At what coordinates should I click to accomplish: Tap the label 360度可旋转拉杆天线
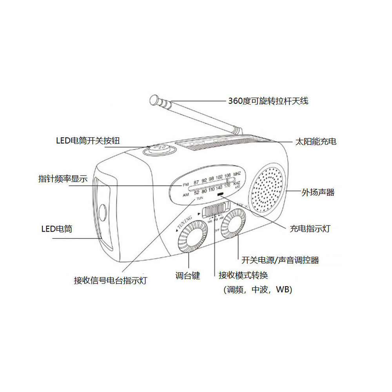(x=268, y=101)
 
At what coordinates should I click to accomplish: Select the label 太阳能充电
(x=316, y=142)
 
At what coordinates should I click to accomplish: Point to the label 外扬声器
(x=318, y=192)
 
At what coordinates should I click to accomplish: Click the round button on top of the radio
(x=158, y=149)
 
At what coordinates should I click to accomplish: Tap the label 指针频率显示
(x=63, y=179)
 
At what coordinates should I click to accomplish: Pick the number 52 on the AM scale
(x=196, y=192)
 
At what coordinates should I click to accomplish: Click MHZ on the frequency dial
(x=237, y=174)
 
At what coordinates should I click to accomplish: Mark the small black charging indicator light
(x=220, y=194)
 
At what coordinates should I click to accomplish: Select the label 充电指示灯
(x=310, y=229)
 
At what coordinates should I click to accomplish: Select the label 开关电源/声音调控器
(x=280, y=260)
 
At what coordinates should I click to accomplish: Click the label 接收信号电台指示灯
(x=110, y=281)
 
